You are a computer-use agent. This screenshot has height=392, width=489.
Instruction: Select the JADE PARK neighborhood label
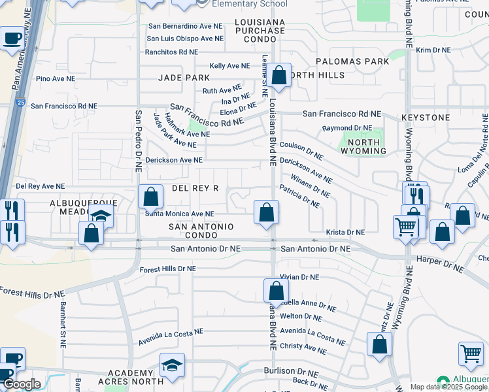coord(184,77)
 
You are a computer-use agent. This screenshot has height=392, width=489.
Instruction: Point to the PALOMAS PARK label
coord(352,61)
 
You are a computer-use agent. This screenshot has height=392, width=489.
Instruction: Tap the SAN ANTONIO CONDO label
coord(201,231)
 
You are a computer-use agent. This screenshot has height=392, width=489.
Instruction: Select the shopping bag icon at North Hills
coord(278,76)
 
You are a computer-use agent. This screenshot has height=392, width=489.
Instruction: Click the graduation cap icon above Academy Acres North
coord(172,365)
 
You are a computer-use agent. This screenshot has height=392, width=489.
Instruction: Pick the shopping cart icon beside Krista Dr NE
coord(406,227)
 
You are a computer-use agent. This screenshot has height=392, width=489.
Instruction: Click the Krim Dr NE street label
coord(433,50)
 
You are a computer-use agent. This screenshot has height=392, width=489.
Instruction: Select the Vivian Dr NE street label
coord(299,277)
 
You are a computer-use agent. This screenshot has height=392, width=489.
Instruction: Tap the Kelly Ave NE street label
coord(229,66)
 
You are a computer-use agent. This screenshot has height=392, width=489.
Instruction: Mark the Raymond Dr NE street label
coord(346,128)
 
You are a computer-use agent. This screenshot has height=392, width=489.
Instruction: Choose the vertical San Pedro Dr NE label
coord(138,140)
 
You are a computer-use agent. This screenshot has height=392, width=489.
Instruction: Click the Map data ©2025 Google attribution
coord(448,387)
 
